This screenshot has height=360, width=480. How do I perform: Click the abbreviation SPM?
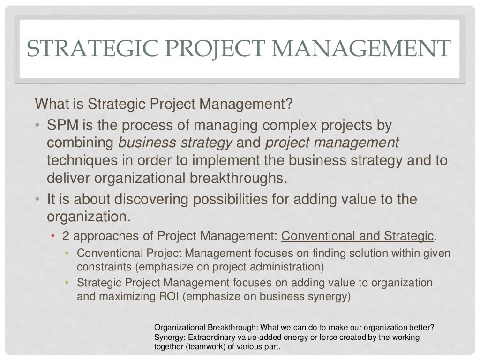tap(62, 126)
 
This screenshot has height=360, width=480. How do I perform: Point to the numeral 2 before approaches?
tap(65, 236)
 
